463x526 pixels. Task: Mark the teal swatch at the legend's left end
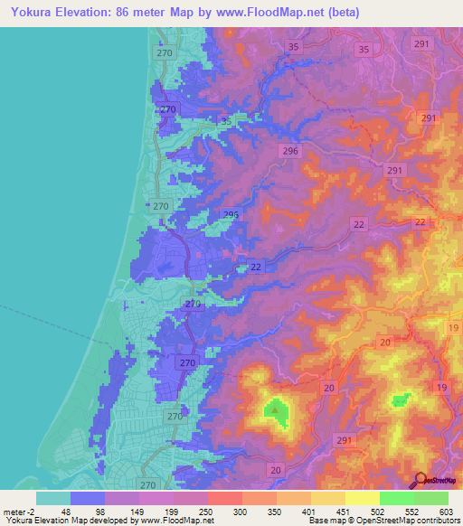[x=53, y=498]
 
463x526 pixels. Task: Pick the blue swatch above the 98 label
[x=88, y=498]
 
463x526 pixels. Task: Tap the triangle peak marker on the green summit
[x=274, y=410]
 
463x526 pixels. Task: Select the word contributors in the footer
[x=435, y=521]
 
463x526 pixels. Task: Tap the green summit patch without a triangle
[x=401, y=399]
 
